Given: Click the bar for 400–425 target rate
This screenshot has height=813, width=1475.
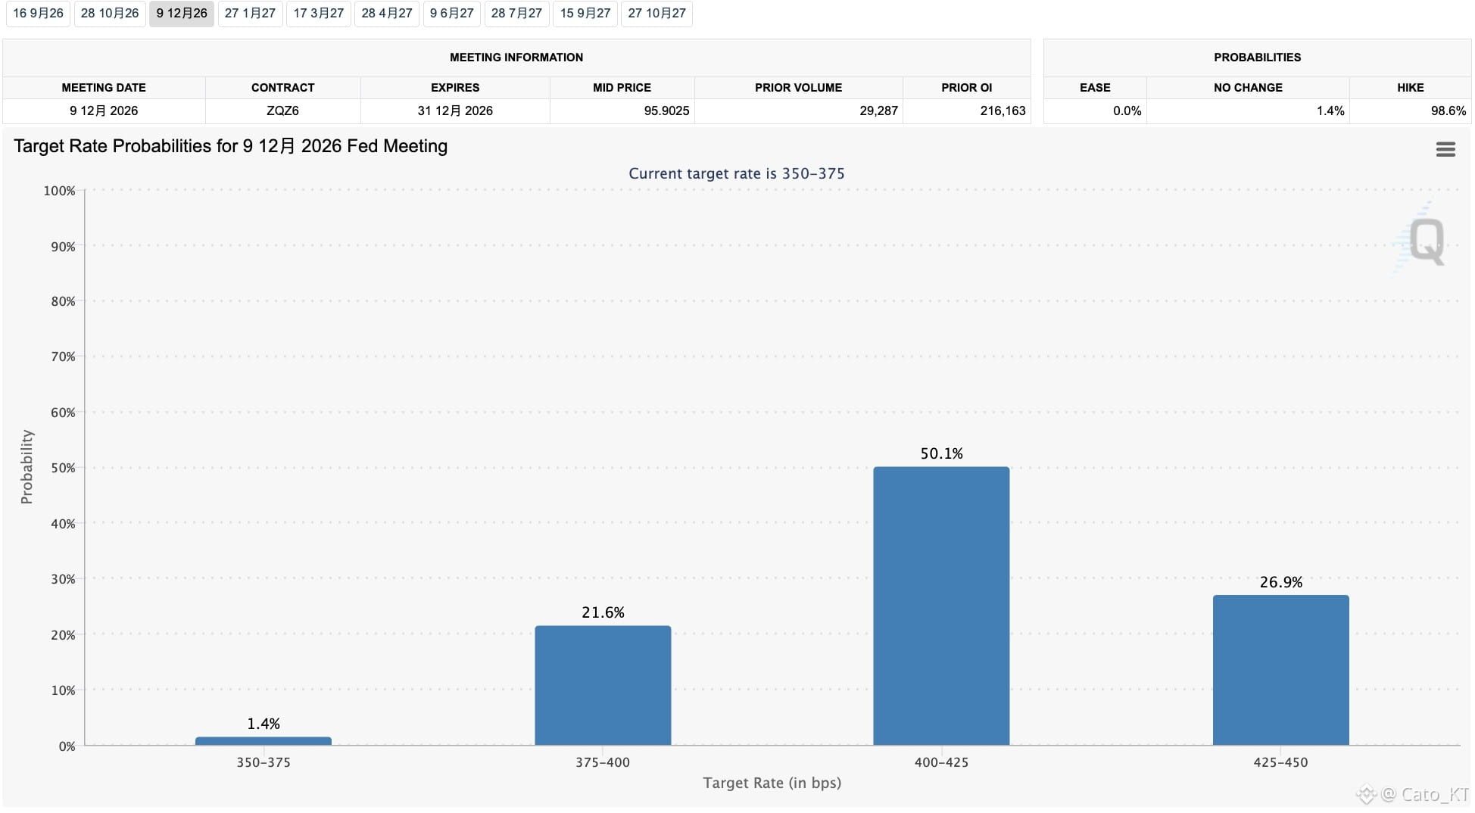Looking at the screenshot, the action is [x=941, y=606].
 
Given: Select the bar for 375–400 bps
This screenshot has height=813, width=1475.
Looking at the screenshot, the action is [x=603, y=686].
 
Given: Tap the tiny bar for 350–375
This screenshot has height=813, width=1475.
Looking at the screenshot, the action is [x=264, y=741].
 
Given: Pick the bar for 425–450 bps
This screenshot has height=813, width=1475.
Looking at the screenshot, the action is [x=1280, y=671].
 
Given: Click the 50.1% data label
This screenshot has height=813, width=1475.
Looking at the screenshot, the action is [x=941, y=453].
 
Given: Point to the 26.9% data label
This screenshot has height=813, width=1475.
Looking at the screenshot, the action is [x=1280, y=582].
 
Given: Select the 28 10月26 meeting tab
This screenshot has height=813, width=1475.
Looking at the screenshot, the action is [x=110, y=14].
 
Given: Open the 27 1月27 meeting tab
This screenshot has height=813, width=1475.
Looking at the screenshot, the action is [x=250, y=14].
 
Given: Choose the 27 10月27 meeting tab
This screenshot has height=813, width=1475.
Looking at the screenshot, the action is [x=656, y=14].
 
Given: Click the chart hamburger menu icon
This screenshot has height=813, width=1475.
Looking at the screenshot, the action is [x=1445, y=149].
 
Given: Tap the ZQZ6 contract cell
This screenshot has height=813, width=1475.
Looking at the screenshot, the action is [x=282, y=111].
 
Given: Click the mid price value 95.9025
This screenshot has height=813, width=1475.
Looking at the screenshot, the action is [x=666, y=111].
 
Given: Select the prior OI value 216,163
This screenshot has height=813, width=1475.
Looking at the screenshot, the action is [x=1003, y=111].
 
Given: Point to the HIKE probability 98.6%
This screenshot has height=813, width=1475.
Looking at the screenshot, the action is [x=1448, y=111].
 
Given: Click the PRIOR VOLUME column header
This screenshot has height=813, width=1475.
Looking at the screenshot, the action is [x=798, y=88].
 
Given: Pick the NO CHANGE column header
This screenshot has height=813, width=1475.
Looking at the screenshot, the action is [x=1248, y=88].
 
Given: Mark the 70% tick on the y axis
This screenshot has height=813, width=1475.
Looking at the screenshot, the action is [x=63, y=357].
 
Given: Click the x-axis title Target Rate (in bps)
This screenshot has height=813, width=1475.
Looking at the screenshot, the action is [x=772, y=783].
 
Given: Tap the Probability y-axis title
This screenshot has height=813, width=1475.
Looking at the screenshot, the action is [x=27, y=467].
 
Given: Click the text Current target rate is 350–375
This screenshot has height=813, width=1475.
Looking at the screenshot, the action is [x=736, y=173].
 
